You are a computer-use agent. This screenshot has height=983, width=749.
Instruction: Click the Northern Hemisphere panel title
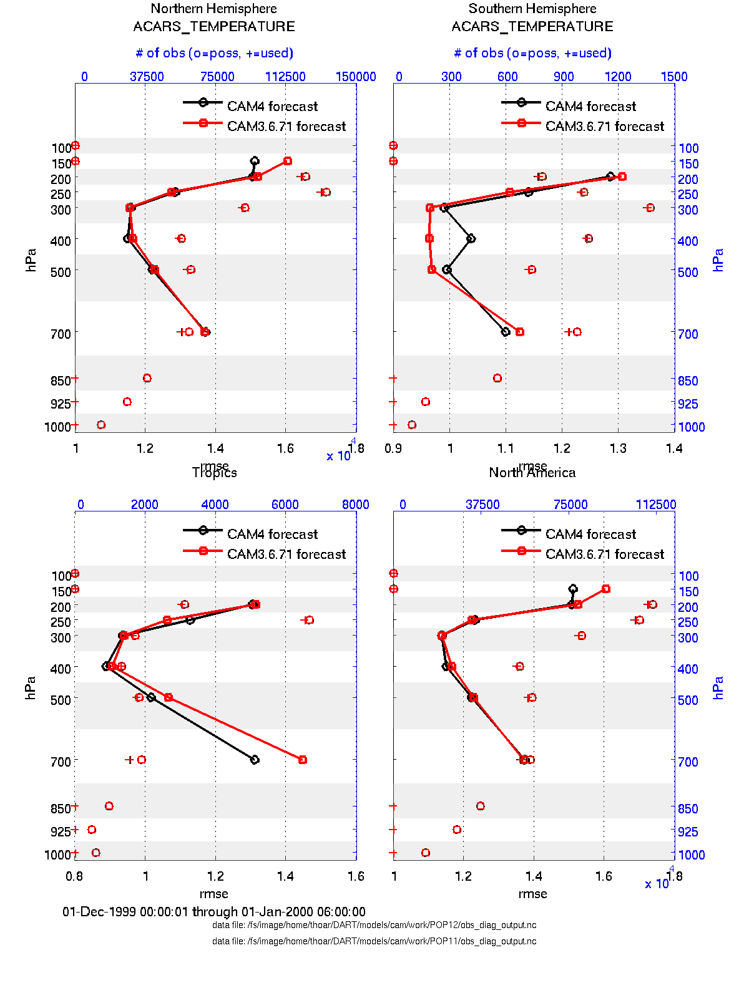point(214,9)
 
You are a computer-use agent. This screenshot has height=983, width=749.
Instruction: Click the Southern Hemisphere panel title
point(532,9)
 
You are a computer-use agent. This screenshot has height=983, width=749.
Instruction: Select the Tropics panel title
point(214,473)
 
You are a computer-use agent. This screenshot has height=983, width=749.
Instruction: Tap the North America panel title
point(532,473)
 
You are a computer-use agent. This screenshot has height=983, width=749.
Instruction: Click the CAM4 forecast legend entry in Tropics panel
point(272,534)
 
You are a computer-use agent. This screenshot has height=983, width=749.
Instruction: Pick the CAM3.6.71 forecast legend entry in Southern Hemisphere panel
point(604,126)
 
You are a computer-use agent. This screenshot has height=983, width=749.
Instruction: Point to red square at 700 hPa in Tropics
point(303,760)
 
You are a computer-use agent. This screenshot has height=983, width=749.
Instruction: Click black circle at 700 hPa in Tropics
point(254,760)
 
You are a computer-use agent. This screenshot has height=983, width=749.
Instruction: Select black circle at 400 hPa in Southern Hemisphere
point(471,238)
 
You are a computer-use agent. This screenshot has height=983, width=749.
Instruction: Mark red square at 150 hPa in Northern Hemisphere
point(288,161)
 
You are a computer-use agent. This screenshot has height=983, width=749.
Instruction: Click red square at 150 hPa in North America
point(606,589)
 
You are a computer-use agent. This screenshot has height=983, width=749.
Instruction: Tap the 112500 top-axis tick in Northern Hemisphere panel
point(285,77)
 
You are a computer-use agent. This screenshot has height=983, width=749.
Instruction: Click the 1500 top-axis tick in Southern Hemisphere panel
point(674,77)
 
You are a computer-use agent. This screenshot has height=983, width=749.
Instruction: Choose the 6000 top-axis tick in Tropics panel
point(285,505)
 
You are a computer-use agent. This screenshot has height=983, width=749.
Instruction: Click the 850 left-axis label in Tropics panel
point(61,808)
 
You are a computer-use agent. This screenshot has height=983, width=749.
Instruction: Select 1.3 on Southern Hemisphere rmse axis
point(618,448)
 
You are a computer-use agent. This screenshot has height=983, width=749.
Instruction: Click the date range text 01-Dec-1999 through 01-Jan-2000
point(214,912)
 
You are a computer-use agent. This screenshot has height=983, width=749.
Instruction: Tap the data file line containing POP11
point(374,941)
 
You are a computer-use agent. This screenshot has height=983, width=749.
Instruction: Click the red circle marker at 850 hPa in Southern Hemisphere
point(497,378)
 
